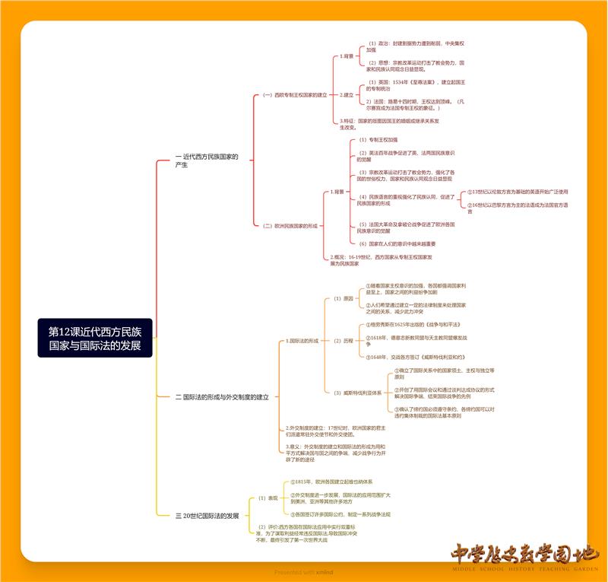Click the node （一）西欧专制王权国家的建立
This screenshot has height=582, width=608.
click(x=295, y=95)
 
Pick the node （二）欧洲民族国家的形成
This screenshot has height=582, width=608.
click(x=290, y=226)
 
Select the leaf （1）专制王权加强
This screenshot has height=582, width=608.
click(x=378, y=140)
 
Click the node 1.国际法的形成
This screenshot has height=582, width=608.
click(x=303, y=341)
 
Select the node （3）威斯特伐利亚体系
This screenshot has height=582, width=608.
click(x=357, y=393)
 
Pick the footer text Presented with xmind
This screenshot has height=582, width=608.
click(x=304, y=572)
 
